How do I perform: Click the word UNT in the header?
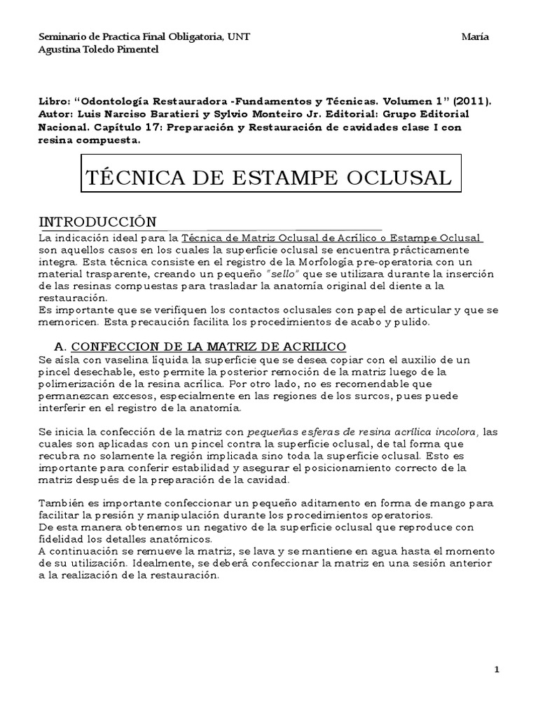click(x=238, y=37)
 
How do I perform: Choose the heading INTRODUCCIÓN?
click(x=97, y=222)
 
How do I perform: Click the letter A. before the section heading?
click(x=60, y=347)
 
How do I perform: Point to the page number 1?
click(x=497, y=670)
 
